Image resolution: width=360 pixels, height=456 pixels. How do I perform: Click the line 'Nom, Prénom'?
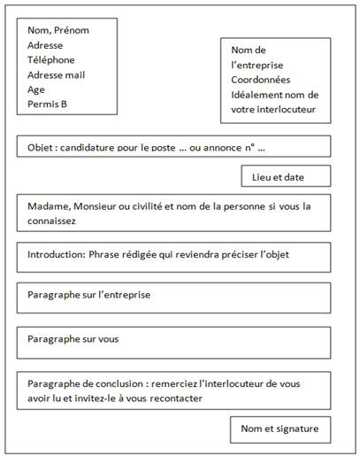[58, 30]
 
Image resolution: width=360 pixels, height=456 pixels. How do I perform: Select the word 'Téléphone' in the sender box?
[52, 59]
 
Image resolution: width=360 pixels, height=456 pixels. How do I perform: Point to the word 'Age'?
[36, 89]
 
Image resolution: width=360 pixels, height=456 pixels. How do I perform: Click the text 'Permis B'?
[48, 104]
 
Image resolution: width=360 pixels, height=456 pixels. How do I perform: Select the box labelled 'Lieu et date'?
[286, 177]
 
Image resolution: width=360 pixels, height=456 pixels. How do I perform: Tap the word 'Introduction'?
[57, 255]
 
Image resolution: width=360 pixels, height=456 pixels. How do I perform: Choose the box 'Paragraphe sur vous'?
[173, 339]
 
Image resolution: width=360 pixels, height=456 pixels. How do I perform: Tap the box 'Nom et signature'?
[280, 430]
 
